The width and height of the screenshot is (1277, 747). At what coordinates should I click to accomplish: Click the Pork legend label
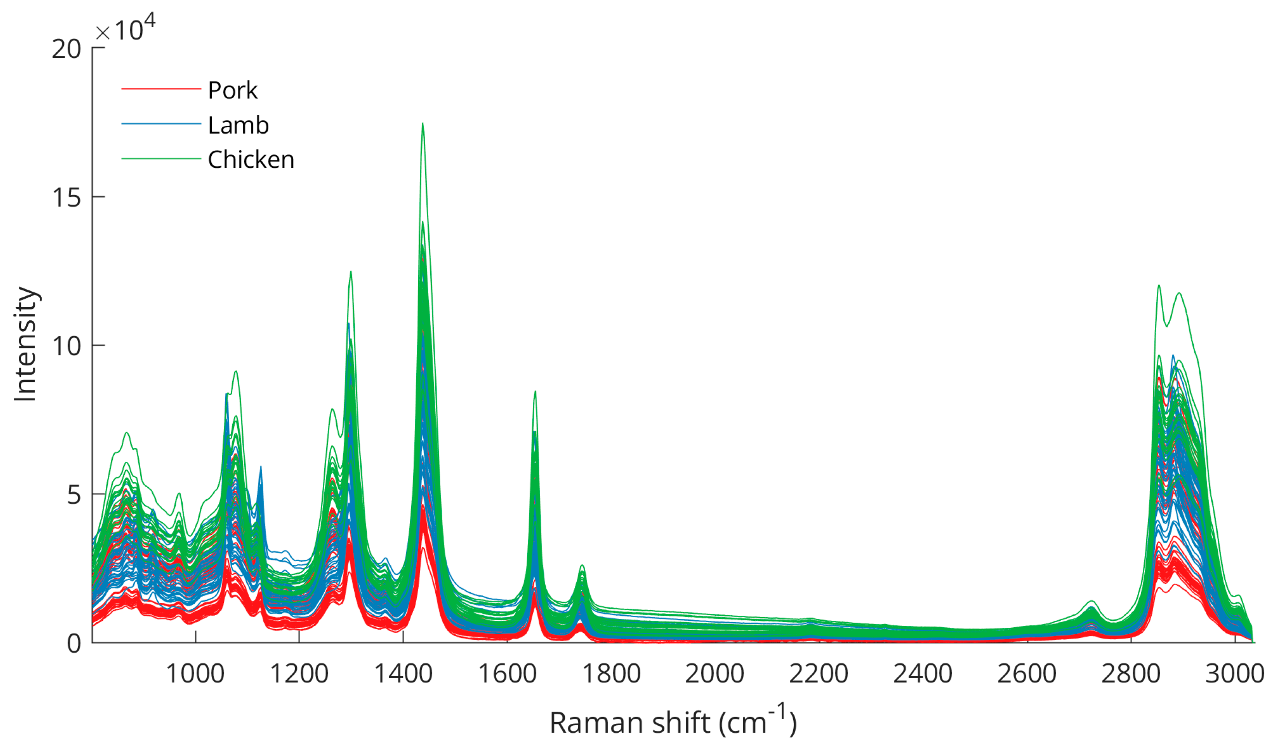click(233, 91)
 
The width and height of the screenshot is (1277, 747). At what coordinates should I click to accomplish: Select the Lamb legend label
click(238, 125)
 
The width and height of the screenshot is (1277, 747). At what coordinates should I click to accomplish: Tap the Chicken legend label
click(251, 159)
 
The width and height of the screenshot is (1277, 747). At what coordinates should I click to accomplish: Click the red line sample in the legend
click(161, 89)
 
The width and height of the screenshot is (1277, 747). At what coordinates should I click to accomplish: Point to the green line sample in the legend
click(161, 159)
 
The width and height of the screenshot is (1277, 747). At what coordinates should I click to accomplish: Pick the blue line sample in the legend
click(161, 123)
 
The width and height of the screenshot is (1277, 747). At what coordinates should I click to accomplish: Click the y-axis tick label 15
click(67, 197)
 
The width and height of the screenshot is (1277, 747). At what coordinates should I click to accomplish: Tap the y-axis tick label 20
click(67, 49)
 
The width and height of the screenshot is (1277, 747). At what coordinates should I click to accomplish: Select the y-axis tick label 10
click(67, 346)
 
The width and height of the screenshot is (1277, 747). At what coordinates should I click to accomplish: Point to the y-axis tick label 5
click(74, 495)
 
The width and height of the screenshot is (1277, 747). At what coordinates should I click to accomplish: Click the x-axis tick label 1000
click(195, 674)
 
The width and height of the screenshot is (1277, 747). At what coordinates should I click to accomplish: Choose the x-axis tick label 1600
click(507, 674)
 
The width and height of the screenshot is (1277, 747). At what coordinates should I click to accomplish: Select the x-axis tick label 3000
click(1235, 674)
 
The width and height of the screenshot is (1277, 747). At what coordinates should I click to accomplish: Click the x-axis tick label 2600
click(1027, 674)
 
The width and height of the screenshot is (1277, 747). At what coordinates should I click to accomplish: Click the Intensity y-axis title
click(25, 344)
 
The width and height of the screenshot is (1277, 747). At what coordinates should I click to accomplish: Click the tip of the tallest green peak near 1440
click(423, 123)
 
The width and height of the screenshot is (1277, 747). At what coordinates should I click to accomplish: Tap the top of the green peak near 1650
click(535, 392)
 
